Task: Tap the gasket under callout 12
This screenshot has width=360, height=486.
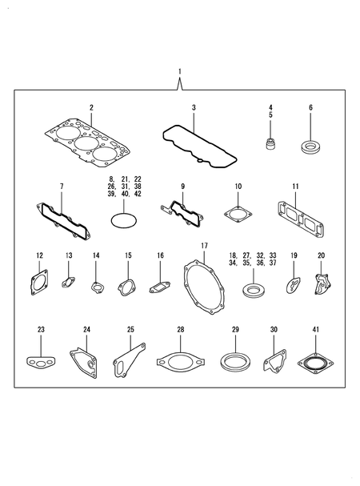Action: (x=38, y=284)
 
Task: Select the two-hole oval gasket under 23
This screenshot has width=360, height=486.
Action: (x=40, y=364)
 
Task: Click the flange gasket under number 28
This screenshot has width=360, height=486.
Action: (x=180, y=361)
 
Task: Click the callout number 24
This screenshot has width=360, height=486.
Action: (x=86, y=329)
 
